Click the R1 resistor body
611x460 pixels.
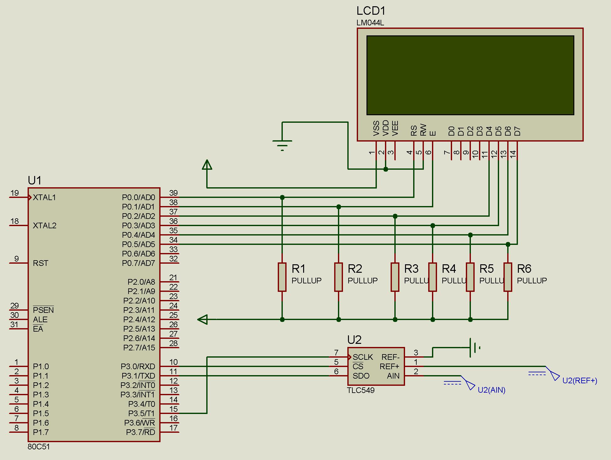pyautogui.click(x=282, y=277)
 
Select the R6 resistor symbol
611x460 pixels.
pyautogui.click(x=508, y=277)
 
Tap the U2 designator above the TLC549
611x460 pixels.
pyautogui.click(x=354, y=340)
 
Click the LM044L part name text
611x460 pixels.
pyautogui.click(x=370, y=23)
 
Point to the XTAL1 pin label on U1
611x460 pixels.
pyautogui.click(x=44, y=197)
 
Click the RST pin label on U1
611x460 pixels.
pyautogui.click(x=40, y=263)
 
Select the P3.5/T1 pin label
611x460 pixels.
pyautogui.click(x=141, y=413)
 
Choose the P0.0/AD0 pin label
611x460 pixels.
pyautogui.click(x=139, y=197)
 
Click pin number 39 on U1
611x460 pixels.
pyautogui.click(x=173, y=193)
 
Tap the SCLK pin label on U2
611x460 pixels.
pyautogui.click(x=363, y=357)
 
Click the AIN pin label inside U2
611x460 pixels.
pyautogui.click(x=393, y=376)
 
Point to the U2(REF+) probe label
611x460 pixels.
pyautogui.click(x=580, y=380)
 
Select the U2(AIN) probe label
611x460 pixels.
pyautogui.click(x=492, y=390)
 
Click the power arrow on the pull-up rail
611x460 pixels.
pyautogui.click(x=203, y=319)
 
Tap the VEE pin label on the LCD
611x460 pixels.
pyautogui.click(x=395, y=128)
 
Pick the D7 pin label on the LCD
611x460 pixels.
pyautogui.click(x=517, y=131)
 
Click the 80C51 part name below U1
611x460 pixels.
pyautogui.click(x=39, y=447)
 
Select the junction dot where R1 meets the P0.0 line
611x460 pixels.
pyautogui.click(x=282, y=197)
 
